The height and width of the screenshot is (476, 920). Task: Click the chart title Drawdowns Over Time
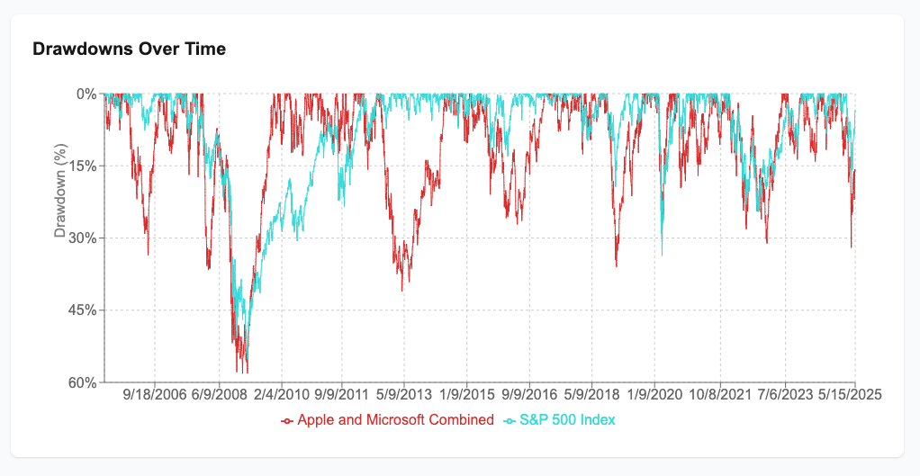click(x=129, y=49)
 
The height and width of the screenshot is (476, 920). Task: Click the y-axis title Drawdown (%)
click(x=60, y=193)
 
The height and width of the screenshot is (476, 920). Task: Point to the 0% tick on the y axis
click(x=86, y=94)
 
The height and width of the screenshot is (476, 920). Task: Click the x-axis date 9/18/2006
click(x=155, y=395)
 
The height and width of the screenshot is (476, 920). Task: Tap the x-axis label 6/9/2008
click(x=218, y=395)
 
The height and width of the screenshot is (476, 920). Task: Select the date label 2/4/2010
click(x=281, y=395)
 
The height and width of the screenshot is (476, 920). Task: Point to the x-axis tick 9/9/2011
click(x=342, y=395)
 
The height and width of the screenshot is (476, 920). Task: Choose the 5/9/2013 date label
click(x=404, y=395)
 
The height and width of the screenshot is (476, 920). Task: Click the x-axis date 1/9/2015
click(x=466, y=395)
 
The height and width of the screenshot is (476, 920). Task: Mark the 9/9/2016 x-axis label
click(x=529, y=395)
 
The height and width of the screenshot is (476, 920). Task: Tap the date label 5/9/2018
click(x=591, y=395)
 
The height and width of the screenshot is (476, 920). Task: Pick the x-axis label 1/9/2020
click(x=654, y=395)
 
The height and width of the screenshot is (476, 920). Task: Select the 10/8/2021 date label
click(x=719, y=395)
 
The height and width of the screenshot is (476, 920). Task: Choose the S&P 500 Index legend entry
click(x=559, y=420)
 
